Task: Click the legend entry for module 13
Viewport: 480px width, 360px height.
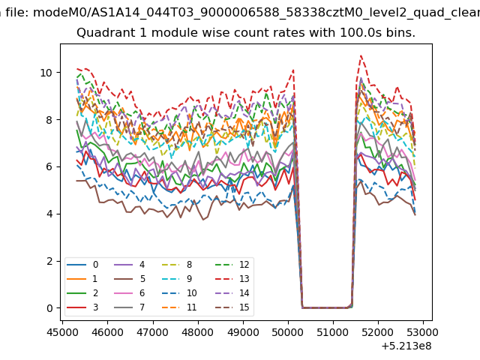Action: tap(232, 279)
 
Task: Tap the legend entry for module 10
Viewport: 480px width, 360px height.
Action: tap(179, 293)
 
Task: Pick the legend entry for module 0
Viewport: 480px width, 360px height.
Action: tap(82, 265)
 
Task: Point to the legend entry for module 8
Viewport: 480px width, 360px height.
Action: tap(177, 265)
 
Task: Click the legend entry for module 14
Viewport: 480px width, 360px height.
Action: tap(232, 293)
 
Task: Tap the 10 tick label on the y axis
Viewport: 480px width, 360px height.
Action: tap(46, 73)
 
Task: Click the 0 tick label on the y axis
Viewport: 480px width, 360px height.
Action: tap(49, 308)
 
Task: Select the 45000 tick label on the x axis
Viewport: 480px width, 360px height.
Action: tap(62, 332)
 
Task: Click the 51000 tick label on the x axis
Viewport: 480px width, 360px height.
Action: tap(333, 332)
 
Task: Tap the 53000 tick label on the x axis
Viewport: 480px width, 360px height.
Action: tap(423, 332)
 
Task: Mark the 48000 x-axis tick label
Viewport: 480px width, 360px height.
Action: tap(198, 332)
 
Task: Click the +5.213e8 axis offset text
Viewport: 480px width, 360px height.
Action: tap(406, 346)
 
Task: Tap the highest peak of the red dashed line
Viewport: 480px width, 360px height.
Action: tap(361, 55)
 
